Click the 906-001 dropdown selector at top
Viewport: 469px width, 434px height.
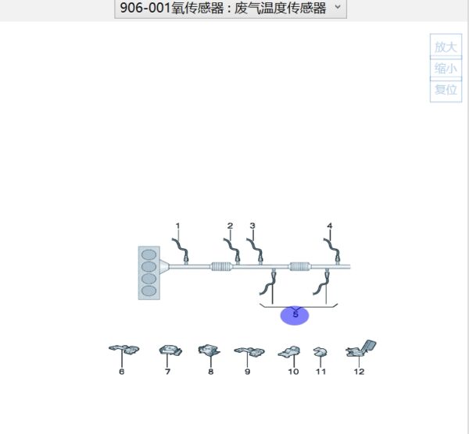[230, 9]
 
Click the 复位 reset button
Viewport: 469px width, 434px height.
[446, 90]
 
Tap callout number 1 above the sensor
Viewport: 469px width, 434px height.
[177, 226]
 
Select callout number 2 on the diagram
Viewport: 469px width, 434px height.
[230, 226]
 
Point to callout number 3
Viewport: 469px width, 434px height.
[252, 226]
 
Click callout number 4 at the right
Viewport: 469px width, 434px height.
[329, 226]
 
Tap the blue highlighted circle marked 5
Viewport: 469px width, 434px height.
[295, 315]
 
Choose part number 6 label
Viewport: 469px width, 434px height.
[121, 372]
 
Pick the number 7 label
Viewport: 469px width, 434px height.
[167, 372]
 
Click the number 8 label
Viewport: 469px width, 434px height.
[210, 372]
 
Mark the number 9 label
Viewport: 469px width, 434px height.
[248, 372]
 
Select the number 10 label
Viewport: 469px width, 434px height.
[293, 372]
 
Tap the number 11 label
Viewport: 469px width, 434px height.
[320, 372]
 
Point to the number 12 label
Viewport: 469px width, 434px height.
[359, 372]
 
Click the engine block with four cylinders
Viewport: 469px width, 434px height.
[148, 272]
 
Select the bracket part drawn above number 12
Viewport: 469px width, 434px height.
[361, 348]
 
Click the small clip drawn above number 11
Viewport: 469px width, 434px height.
[320, 353]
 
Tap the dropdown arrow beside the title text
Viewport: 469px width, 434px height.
[337, 8]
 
